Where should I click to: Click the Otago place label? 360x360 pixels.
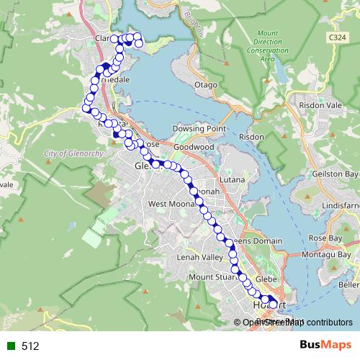pyautogui.click(x=206, y=85)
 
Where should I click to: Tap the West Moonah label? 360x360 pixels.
pyautogui.click(x=167, y=204)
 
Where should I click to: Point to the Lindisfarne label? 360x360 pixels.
pyautogui.click(x=341, y=206)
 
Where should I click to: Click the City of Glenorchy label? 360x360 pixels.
pyautogui.click(x=70, y=154)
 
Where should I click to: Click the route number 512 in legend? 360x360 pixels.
pyautogui.click(x=30, y=346)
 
